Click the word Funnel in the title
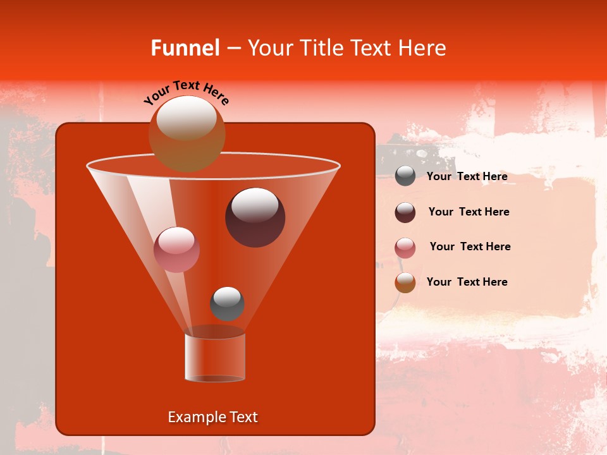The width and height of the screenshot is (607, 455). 185,48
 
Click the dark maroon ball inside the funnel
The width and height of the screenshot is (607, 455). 255,218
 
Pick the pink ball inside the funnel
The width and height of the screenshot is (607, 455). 176,250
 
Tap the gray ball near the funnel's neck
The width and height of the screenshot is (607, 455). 227,304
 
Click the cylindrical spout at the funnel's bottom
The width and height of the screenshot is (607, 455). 215,358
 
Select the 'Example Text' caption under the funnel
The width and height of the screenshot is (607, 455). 212,417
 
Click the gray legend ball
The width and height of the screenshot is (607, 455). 405,176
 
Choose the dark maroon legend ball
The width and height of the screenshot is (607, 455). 405,212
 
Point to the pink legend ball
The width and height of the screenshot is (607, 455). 405,248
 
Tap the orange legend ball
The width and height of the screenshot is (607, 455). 405,282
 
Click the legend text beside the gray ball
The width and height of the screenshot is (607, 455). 467,177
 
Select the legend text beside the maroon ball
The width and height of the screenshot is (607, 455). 469,212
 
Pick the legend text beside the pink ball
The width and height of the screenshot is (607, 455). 470,246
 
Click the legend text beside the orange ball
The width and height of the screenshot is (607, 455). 467,282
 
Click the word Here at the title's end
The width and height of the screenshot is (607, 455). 424,48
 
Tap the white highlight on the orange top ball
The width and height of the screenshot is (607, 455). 187,118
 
